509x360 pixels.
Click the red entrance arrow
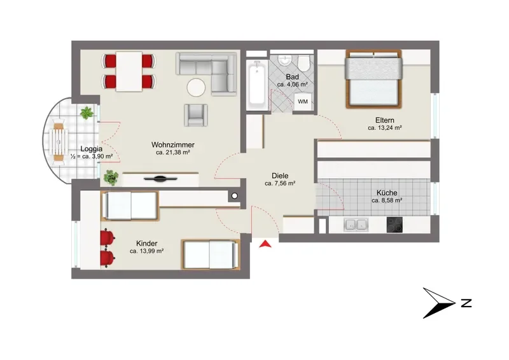pos(265,244)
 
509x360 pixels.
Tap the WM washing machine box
pos(303,102)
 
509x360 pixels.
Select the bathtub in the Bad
pos(257,85)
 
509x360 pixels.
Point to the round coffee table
pos(196,87)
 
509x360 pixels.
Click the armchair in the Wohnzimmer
pos(196,115)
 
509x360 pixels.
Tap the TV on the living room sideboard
pos(160,179)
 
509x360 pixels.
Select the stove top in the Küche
pos(394,225)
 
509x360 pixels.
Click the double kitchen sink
pos(356,225)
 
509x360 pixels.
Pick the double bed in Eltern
pos(373,79)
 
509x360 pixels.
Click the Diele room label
pos(280,176)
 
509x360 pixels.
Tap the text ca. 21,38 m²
pos(172,152)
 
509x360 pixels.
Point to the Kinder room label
pos(147,243)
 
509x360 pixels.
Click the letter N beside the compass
pos(466,303)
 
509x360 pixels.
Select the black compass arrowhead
pos(439,303)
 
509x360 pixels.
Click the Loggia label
pos(92,149)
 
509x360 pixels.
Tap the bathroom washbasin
pos(285,60)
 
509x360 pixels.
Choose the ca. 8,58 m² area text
pos(387,200)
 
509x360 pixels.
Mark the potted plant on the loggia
pos(87,113)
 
